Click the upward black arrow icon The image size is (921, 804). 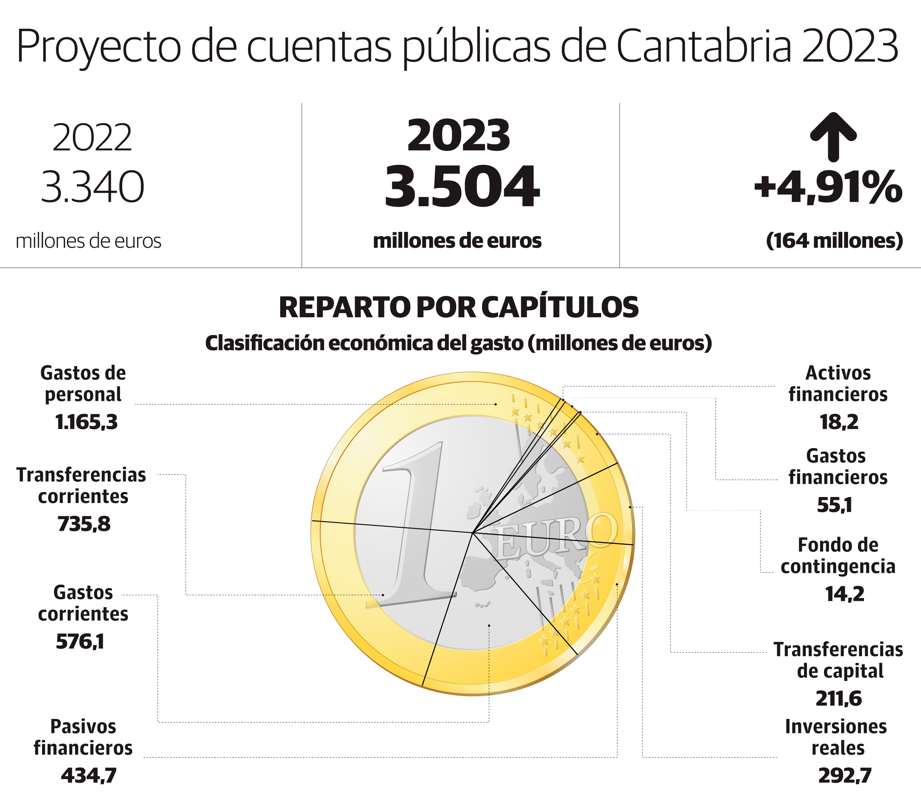point(833,136)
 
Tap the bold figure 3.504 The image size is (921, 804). point(462,187)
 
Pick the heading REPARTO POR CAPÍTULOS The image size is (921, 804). point(459,308)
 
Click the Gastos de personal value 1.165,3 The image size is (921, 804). point(86,422)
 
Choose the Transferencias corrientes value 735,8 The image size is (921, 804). point(84,524)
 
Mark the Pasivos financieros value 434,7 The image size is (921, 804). point(89,776)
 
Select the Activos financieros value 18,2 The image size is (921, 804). point(839,422)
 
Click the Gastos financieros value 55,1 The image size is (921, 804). point(835,505)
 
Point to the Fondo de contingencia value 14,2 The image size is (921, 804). point(844,594)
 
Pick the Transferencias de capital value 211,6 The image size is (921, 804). point(838,699)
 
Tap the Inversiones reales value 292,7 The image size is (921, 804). point(845,776)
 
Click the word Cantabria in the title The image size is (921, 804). point(704,46)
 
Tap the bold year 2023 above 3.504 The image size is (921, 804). point(459,135)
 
